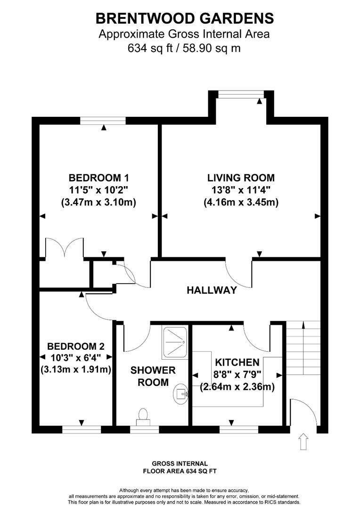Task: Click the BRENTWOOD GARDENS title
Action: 184,18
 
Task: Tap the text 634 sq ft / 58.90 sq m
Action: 184,48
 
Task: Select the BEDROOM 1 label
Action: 99,178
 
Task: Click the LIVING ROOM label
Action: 241,178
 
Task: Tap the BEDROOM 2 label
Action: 76,345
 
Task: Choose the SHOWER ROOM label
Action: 153,376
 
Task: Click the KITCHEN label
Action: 237,362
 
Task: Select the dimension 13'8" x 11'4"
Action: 241,190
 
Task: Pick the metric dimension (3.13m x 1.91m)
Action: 76,369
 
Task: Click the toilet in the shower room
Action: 143,415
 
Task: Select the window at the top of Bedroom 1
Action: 103,121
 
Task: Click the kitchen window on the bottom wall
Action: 238,429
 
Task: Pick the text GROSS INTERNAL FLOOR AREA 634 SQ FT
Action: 180,467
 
